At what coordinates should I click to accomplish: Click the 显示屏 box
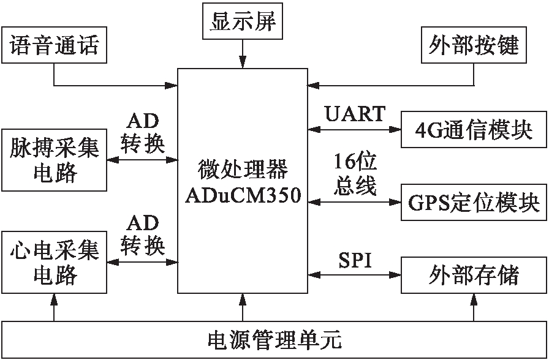pos(243,23)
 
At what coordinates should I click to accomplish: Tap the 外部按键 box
pos(474,45)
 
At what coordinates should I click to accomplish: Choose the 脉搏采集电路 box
pos(54,160)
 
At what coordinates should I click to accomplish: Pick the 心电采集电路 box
pos(54,261)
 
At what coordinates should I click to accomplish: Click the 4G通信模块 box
pos(473,130)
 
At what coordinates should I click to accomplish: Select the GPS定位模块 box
pos(473,201)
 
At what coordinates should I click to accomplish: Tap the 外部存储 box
pos(473,275)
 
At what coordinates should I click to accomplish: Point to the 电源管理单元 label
pos(274,339)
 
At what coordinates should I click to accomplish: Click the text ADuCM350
pos(243,196)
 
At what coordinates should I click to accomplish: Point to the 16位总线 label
pos(355,174)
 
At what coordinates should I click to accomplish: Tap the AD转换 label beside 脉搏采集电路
pos(142,132)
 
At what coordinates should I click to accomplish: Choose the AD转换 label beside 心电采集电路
pos(142,234)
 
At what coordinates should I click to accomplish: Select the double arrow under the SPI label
pos(355,276)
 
